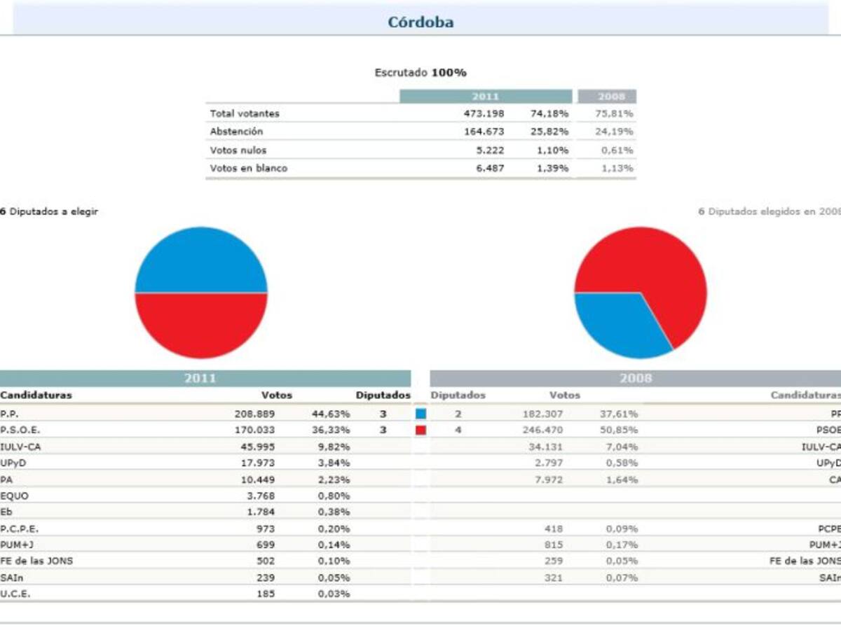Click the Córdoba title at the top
[x=420, y=22]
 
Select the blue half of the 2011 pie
[x=201, y=262]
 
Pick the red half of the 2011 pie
[x=201, y=323]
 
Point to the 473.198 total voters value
[x=484, y=113]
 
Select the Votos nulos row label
[x=238, y=150]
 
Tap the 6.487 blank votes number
[x=489, y=168]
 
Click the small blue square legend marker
[x=420, y=414]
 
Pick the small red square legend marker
[x=420, y=430]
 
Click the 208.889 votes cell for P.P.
[x=254, y=414]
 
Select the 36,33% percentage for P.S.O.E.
[x=330, y=430]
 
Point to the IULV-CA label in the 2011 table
[x=15, y=447]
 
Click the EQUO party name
[x=14, y=496]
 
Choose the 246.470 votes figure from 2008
[x=542, y=430]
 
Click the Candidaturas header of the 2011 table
[x=36, y=395]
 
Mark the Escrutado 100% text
[x=420, y=73]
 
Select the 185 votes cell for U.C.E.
[x=265, y=594]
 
